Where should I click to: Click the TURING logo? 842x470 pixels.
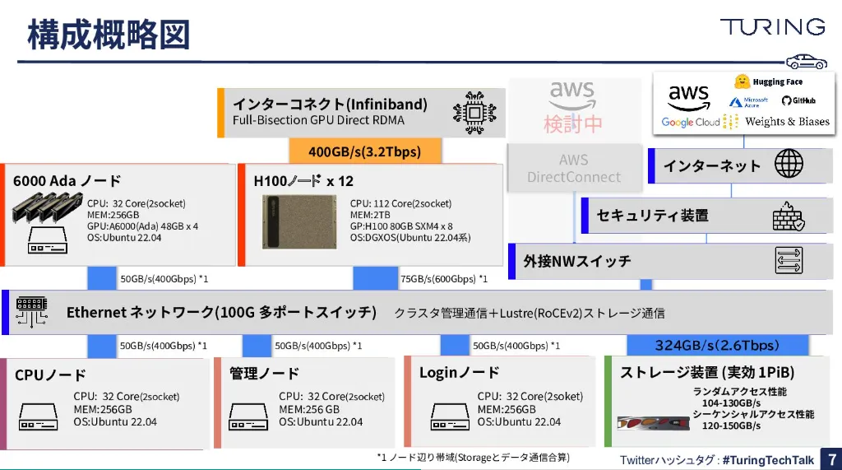pyautogui.click(x=772, y=27)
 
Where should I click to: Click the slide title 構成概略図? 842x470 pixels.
pyautogui.click(x=109, y=34)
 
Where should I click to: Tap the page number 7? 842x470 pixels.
pyautogui.click(x=831, y=459)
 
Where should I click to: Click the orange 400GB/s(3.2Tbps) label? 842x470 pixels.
pyautogui.click(x=364, y=151)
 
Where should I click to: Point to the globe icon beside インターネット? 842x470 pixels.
pyautogui.click(x=789, y=165)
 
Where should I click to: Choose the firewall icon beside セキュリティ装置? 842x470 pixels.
pyautogui.click(x=788, y=216)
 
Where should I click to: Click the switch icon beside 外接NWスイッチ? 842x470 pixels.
pyautogui.click(x=789, y=260)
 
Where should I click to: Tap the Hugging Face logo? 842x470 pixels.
pyautogui.click(x=768, y=81)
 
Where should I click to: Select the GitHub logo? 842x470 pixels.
pyautogui.click(x=798, y=100)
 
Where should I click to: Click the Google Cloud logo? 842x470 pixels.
pyautogui.click(x=691, y=123)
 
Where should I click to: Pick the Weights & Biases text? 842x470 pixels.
pyautogui.click(x=787, y=122)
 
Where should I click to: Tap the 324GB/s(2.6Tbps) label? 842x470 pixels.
pyautogui.click(x=716, y=345)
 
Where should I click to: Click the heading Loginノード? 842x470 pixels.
pyautogui.click(x=459, y=373)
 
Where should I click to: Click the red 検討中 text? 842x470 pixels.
pyautogui.click(x=573, y=123)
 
